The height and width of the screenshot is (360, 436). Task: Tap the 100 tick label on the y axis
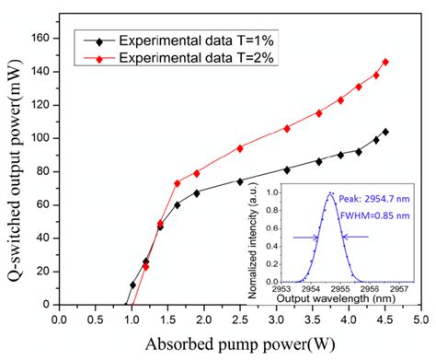[40, 139]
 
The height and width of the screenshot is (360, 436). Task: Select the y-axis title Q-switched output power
[13, 170]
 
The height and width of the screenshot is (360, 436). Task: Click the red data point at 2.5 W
[240, 148]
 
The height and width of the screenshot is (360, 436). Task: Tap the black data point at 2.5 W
[240, 181]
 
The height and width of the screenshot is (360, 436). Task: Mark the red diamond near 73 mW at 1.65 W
[178, 183]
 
